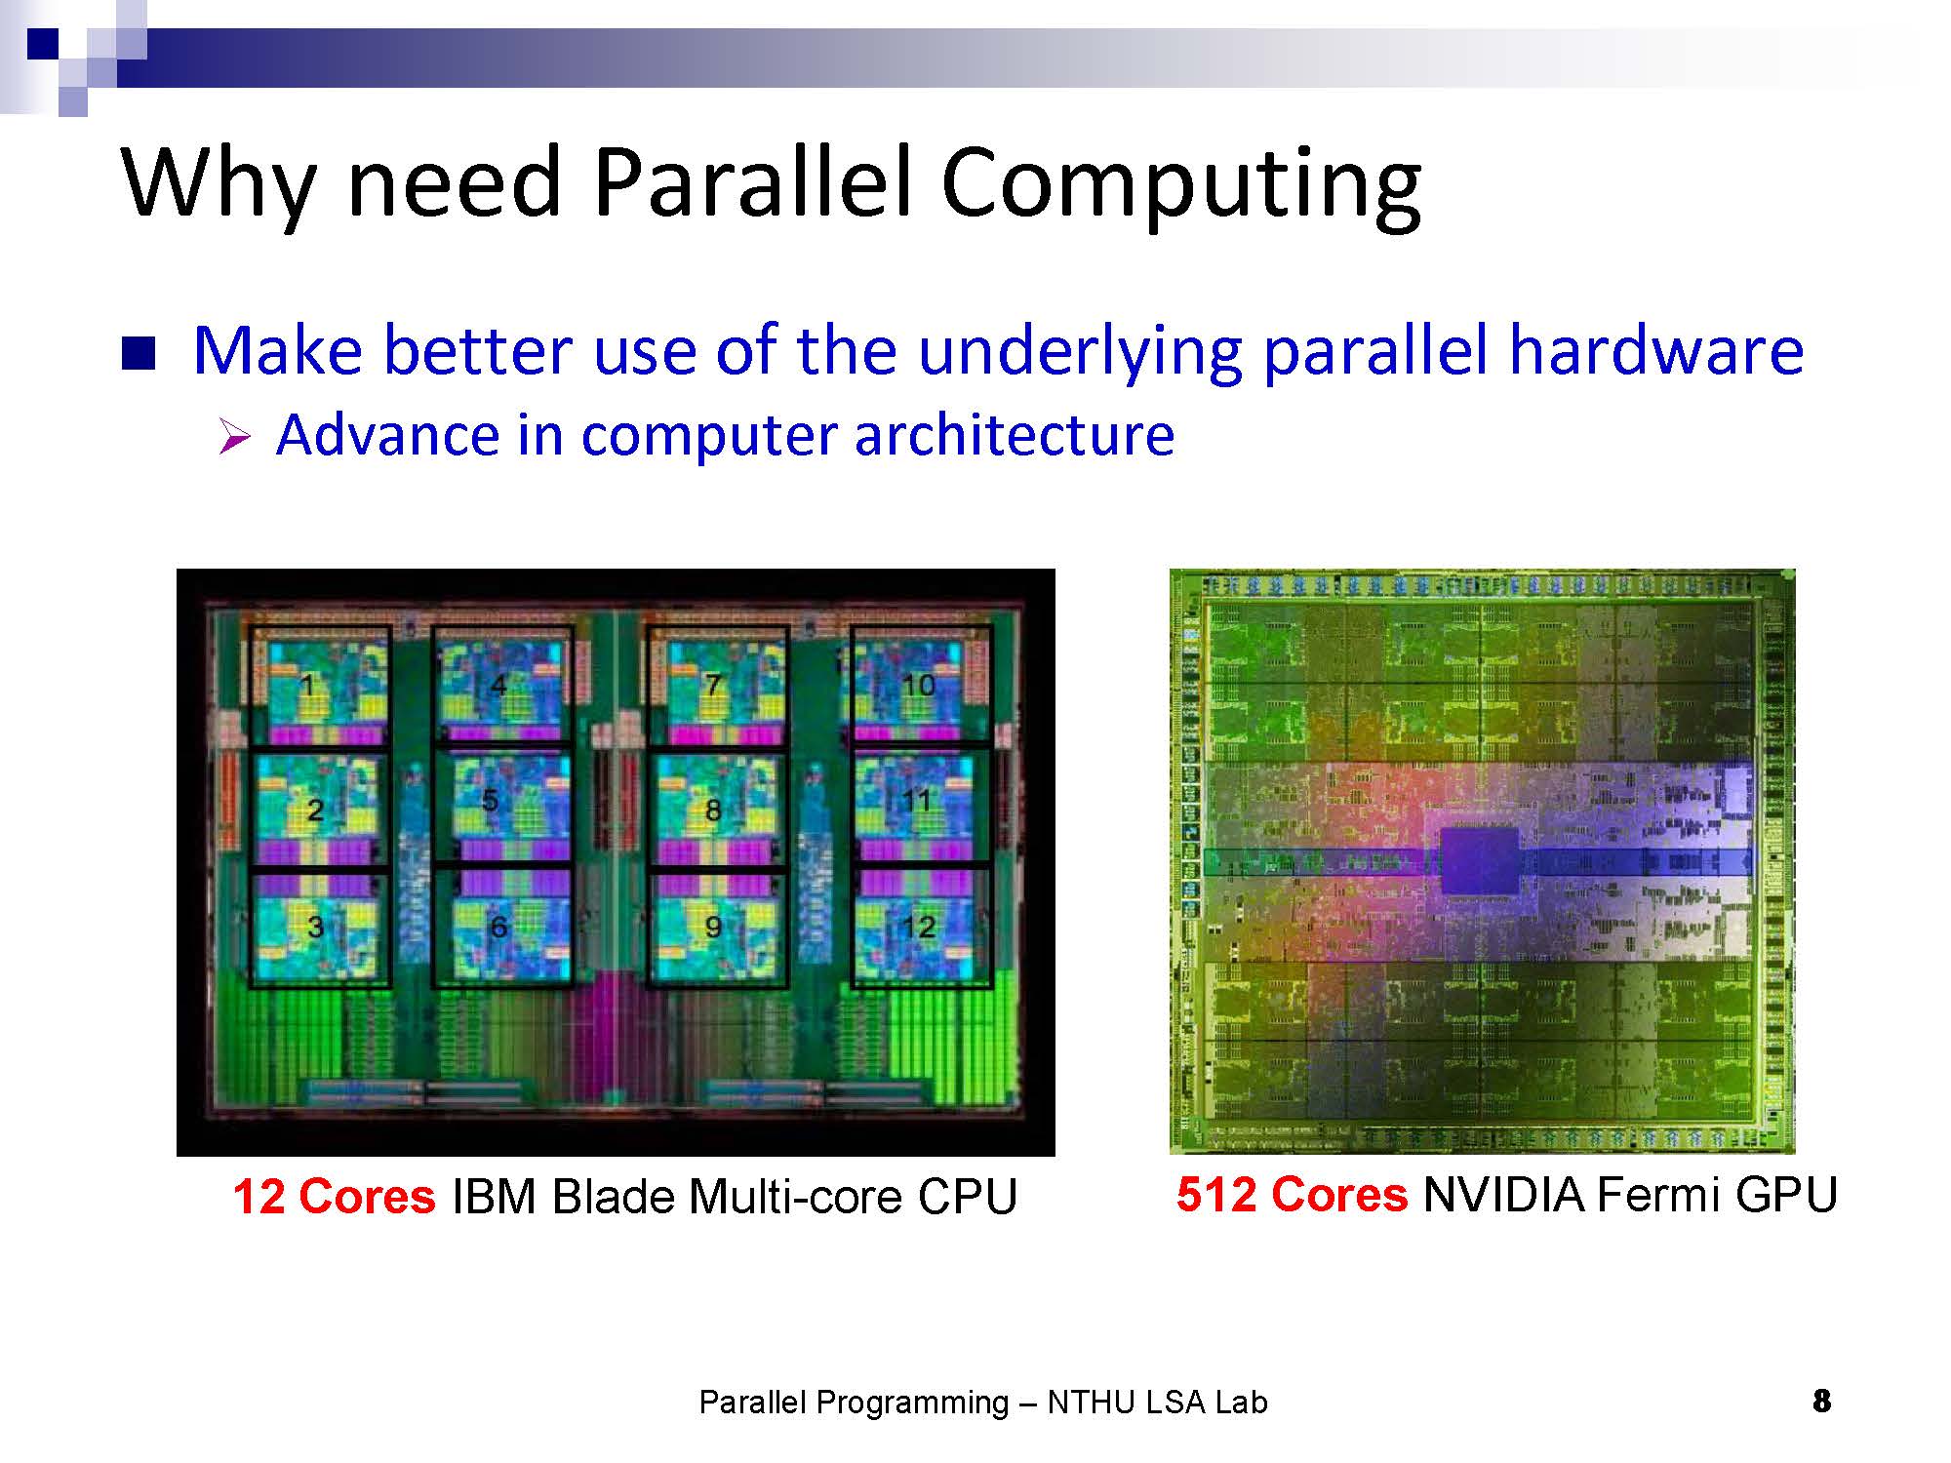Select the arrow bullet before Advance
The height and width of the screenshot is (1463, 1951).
point(235,436)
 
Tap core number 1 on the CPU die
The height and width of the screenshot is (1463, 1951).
point(308,686)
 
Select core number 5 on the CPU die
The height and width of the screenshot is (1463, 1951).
point(490,800)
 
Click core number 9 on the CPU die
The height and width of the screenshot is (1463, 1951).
point(713,927)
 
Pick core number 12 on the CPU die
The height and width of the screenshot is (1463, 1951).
point(917,927)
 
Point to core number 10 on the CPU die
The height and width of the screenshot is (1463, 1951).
point(917,685)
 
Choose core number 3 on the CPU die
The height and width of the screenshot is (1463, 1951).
point(315,927)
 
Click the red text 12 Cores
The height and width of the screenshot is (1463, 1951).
point(334,1196)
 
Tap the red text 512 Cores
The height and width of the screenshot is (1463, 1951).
point(1292,1194)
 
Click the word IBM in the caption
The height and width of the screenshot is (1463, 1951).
point(494,1196)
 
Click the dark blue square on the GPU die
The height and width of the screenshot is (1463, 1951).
point(1480,861)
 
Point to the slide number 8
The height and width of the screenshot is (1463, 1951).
point(1821,1402)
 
